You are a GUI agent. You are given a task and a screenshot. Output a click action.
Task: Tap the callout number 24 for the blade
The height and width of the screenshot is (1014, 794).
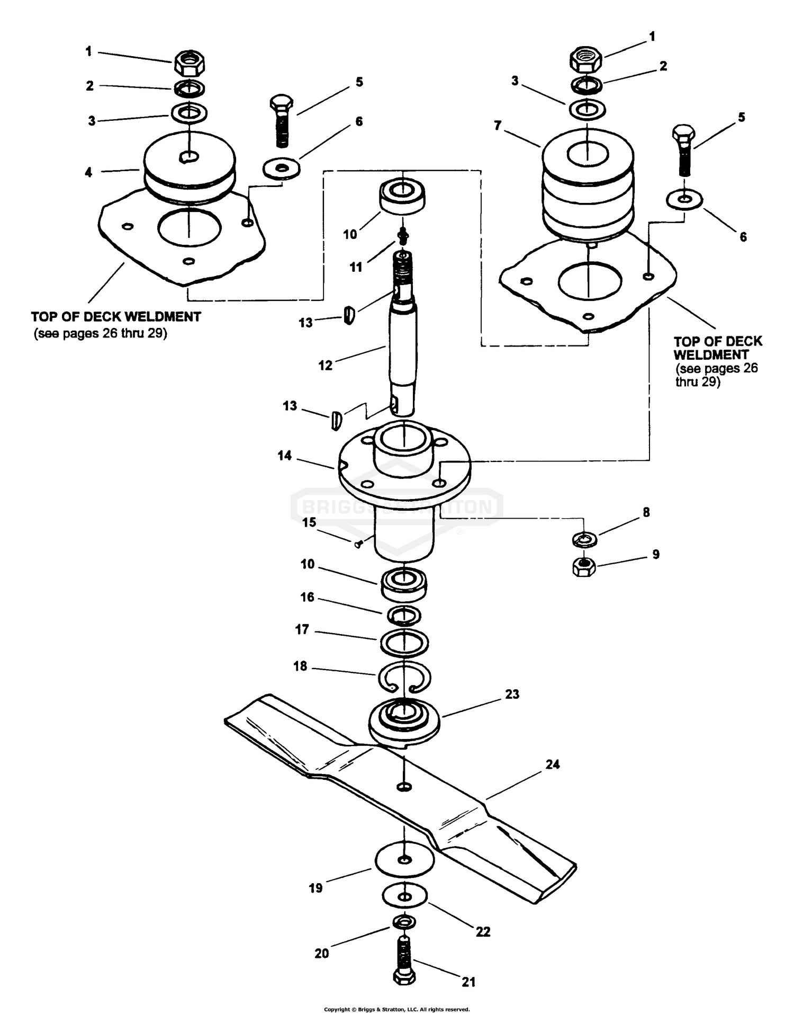(x=552, y=764)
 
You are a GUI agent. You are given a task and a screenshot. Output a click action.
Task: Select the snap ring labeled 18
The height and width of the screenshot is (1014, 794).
(x=404, y=677)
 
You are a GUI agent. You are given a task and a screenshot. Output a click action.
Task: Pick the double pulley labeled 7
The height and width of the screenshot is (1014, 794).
(x=588, y=183)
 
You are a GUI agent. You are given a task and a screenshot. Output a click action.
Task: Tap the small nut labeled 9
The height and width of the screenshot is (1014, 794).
(x=584, y=567)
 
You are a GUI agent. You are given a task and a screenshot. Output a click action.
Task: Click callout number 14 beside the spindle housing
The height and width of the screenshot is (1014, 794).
(x=285, y=456)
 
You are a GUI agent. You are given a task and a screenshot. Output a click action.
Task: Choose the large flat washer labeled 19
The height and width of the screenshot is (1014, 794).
(x=404, y=859)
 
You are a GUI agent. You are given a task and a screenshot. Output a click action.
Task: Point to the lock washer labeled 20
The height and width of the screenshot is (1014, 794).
(x=404, y=923)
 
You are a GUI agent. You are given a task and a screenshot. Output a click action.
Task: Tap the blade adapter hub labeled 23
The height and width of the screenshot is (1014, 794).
(x=404, y=722)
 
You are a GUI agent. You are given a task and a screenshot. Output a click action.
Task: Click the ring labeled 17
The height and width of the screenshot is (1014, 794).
(x=404, y=643)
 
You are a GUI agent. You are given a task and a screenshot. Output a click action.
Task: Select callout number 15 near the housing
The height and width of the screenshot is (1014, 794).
(x=309, y=522)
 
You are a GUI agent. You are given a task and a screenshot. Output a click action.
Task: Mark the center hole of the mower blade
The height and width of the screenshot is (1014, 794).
(x=404, y=787)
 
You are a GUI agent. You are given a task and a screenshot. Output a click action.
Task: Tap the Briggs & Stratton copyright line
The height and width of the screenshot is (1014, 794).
(x=397, y=1010)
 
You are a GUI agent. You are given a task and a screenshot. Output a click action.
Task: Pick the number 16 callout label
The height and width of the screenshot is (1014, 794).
(x=308, y=597)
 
